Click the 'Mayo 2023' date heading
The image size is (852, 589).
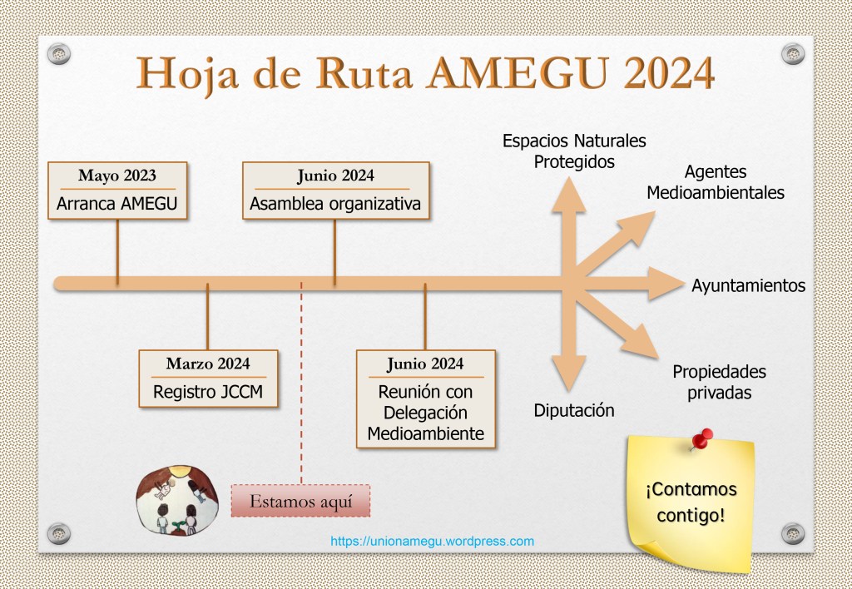click(x=116, y=176)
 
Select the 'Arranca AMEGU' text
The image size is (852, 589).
click(x=116, y=204)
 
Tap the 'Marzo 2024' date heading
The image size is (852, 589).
click(x=208, y=364)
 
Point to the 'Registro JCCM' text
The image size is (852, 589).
click(x=208, y=392)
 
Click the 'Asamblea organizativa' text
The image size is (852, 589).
click(x=335, y=204)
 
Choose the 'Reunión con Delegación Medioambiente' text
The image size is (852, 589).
click(x=425, y=413)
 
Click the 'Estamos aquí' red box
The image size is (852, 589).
click(x=300, y=501)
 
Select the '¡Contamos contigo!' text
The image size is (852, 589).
click(x=691, y=502)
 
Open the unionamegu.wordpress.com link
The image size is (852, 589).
click(x=432, y=542)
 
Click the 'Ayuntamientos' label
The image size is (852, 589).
click(x=748, y=286)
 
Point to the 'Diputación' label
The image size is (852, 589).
click(x=574, y=410)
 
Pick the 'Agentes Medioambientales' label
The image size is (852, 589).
click(x=716, y=182)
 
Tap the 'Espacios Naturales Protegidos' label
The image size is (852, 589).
click(x=574, y=151)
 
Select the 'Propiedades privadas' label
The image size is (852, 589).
click(x=720, y=382)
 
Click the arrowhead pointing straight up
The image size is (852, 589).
click(x=568, y=196)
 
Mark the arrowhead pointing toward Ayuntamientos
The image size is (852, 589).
click(x=665, y=284)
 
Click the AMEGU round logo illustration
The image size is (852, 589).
click(x=177, y=501)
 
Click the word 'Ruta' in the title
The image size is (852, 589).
click(x=364, y=72)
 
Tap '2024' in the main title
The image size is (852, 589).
click(x=669, y=72)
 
